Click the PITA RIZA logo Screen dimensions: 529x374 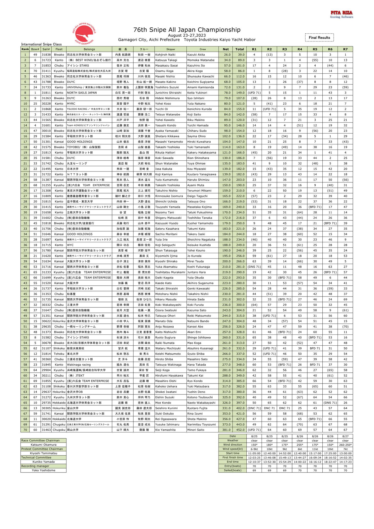pyautogui.click(x=341, y=14)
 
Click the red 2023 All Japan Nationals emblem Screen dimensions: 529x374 pyautogui.click(x=84, y=33)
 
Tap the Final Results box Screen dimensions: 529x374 pyautogui.click(x=319, y=37)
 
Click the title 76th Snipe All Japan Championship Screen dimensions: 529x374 pyautogui.click(x=187, y=30)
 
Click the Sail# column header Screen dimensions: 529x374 pyautogui.click(x=46, y=49)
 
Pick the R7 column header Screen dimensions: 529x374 pyautogui.click(x=345, y=49)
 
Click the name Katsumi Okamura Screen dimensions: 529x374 pyautogui.click(x=43, y=445)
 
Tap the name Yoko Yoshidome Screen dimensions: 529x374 pyautogui.click(x=43, y=470)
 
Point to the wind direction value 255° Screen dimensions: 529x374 pyautogui.click(x=300, y=445)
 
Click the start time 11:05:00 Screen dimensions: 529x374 pyautogui.click(x=254, y=453)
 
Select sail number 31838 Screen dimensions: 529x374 pyautogui.click(x=46, y=55)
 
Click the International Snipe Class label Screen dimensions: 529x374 pyautogui.click(x=41, y=44)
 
